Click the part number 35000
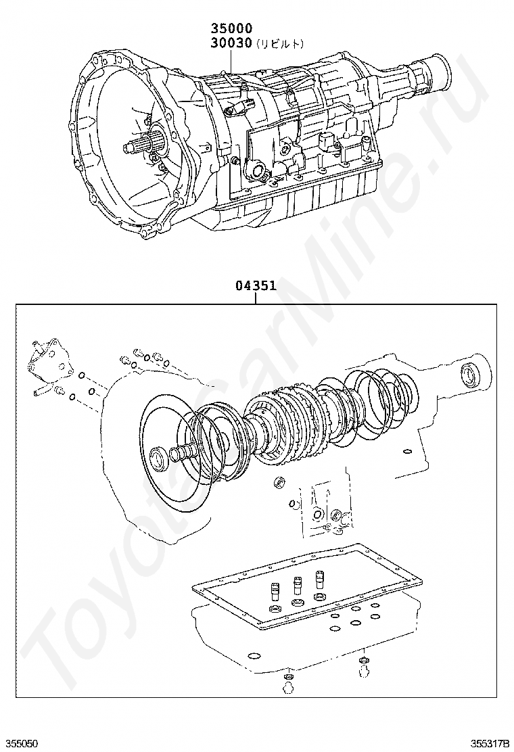(231, 28)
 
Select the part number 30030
(231, 43)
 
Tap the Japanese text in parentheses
(279, 43)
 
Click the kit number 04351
(256, 285)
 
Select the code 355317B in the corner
(490, 743)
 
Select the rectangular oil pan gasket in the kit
(308, 585)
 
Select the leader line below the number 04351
(256, 298)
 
